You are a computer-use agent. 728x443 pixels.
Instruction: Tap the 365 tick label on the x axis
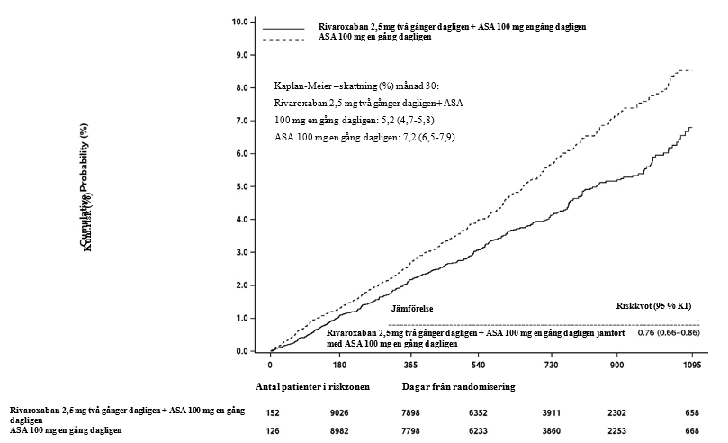click(410, 366)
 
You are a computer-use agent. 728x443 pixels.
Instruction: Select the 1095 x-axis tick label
click(691, 366)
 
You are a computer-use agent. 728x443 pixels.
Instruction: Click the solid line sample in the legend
click(283, 28)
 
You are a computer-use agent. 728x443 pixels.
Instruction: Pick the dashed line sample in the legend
click(283, 39)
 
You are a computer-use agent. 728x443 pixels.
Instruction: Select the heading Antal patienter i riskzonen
click(313, 386)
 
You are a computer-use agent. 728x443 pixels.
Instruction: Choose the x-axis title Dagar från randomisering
click(458, 386)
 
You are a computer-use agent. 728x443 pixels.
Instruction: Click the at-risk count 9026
click(340, 412)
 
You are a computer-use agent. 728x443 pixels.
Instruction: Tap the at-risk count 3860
click(551, 431)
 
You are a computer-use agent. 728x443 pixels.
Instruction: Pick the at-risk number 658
click(690, 412)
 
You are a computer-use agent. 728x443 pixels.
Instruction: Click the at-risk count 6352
click(481, 412)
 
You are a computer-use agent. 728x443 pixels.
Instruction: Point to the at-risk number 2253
click(621, 431)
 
